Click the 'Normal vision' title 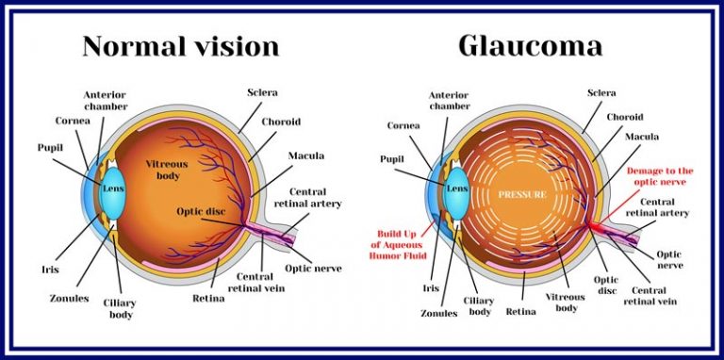[181, 46]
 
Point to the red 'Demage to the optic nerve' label [660, 177]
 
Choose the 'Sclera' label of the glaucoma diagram [601, 93]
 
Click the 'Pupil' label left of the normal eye [50, 147]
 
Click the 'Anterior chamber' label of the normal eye [105, 102]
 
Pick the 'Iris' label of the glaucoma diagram [432, 287]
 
